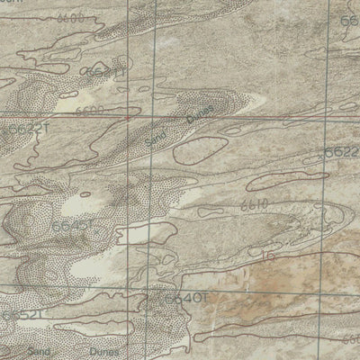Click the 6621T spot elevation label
coord(104,71)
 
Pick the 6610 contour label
coord(256,205)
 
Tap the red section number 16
coord(266,257)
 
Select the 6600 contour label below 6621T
coord(90,110)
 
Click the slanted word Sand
coord(156,135)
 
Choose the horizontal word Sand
coord(39,351)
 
